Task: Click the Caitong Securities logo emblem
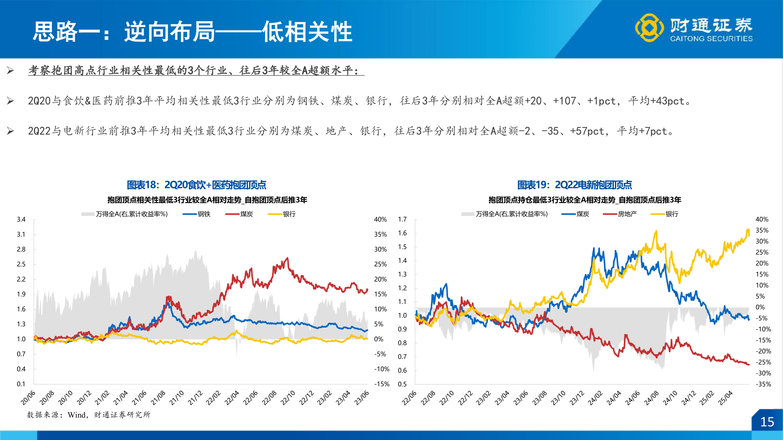(649, 28)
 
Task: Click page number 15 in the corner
(767, 422)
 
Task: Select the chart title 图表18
(196, 185)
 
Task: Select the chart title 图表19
(574, 185)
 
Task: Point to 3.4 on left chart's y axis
(21, 219)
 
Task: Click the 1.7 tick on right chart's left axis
(402, 219)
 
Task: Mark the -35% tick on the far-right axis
(763, 384)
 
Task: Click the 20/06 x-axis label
(28, 398)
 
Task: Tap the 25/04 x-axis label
(725, 398)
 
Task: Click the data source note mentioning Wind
(88, 415)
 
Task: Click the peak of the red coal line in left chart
(288, 258)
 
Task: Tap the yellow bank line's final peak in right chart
(748, 230)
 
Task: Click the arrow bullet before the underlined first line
(11, 71)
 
